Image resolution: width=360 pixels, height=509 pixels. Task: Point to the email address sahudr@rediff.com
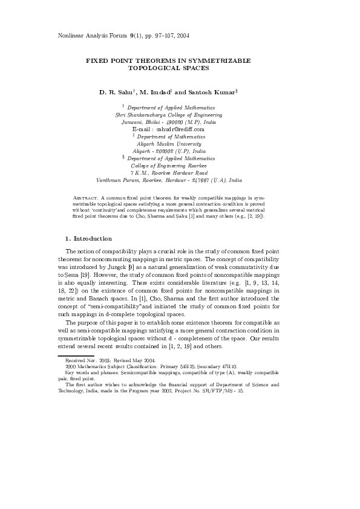(x=180, y=129)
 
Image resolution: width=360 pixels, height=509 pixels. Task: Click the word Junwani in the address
(x=132, y=122)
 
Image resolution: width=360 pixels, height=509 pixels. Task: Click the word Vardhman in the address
(x=109, y=180)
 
